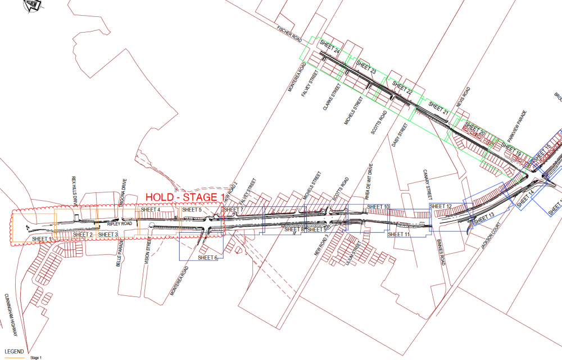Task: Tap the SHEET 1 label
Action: point(42,239)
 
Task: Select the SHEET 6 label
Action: point(207,258)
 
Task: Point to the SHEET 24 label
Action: point(330,47)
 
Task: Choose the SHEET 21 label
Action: point(439,109)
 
